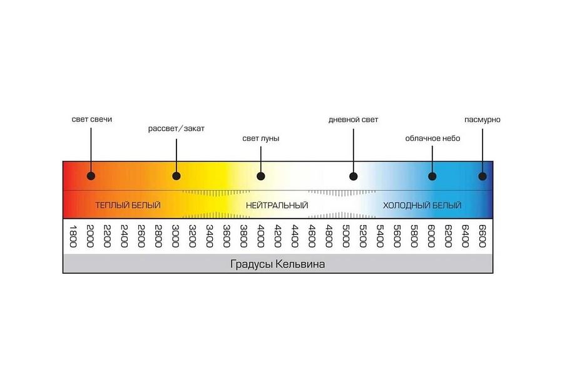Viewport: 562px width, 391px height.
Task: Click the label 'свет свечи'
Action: click(x=91, y=119)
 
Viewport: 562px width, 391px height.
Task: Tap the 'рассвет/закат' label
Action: click(x=176, y=128)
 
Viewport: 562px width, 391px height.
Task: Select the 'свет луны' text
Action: click(x=260, y=138)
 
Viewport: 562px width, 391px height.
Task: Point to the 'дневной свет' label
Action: click(x=353, y=119)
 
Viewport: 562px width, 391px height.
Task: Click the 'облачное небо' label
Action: click(x=432, y=138)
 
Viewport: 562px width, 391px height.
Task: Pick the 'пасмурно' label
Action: click(x=482, y=119)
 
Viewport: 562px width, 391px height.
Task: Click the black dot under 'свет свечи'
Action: click(x=91, y=176)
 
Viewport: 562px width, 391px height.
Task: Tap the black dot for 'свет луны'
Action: click(x=261, y=176)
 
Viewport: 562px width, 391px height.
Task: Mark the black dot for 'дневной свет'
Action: click(x=353, y=176)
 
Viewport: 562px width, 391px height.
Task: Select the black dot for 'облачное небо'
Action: click(x=432, y=176)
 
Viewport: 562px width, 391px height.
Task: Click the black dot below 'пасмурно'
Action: click(x=483, y=176)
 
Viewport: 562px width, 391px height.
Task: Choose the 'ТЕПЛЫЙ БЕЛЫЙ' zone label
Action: click(x=128, y=205)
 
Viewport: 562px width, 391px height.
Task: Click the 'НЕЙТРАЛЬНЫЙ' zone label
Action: click(x=277, y=205)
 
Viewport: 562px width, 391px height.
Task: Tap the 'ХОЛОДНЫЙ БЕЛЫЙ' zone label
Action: click(x=422, y=205)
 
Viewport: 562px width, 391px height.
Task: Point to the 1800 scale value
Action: click(x=73, y=236)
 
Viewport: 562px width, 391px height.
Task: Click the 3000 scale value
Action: click(x=176, y=236)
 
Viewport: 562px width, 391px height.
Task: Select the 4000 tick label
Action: click(x=261, y=236)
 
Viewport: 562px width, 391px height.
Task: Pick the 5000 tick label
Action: click(x=346, y=236)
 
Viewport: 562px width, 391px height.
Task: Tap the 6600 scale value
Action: click(x=482, y=236)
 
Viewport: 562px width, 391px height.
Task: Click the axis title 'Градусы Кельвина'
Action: click(x=277, y=264)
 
